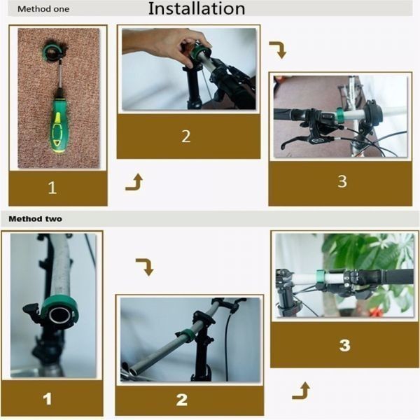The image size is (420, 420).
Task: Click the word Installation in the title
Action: (x=197, y=8)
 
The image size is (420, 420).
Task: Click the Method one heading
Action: (x=43, y=9)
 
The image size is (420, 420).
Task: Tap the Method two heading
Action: (x=36, y=219)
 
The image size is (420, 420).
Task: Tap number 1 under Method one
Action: (x=52, y=188)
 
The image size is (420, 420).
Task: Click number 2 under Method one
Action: (x=186, y=136)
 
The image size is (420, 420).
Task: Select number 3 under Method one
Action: (x=342, y=181)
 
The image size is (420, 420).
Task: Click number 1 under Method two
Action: (x=47, y=399)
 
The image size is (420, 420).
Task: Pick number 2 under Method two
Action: (x=181, y=400)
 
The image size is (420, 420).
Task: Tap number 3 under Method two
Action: (x=344, y=345)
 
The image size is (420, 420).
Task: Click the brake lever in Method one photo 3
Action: (x=297, y=141)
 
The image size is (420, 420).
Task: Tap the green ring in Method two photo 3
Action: (x=320, y=276)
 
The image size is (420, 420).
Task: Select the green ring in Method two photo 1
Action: (x=59, y=308)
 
